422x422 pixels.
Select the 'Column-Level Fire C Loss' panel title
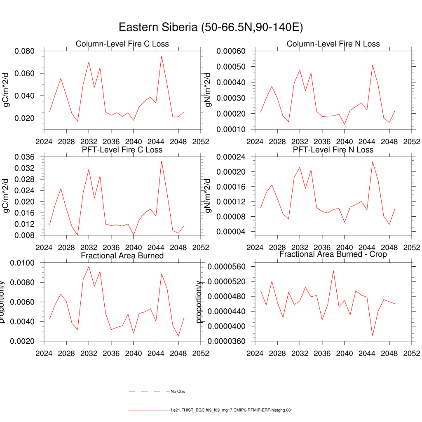[122, 44]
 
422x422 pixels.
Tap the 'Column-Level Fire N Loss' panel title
[333, 44]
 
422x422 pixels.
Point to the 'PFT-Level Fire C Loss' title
[122, 150]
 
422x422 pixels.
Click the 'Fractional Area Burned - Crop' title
[333, 254]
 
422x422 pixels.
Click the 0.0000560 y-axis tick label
[228, 267]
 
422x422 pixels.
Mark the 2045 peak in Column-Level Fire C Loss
[162, 56]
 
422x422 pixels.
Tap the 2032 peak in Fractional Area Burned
[89, 266]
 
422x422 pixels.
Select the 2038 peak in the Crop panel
[333, 270]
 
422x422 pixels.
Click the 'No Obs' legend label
[178, 392]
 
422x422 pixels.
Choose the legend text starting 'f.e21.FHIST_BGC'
[232, 410]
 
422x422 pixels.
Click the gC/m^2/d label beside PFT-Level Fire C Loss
[6, 196]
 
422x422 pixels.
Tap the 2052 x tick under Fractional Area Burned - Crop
[412, 354]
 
